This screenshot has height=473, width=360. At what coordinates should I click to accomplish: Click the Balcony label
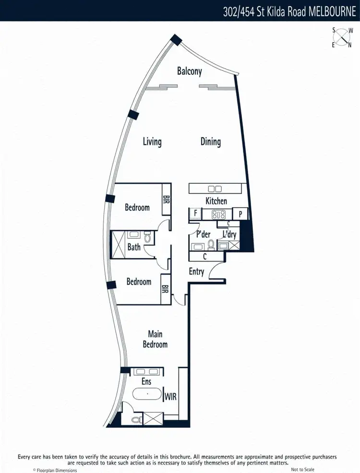(x=190, y=71)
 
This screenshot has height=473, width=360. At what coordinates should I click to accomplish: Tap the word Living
(x=152, y=142)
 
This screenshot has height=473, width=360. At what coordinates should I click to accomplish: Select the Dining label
(x=211, y=142)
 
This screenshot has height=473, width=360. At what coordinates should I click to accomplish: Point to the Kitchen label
(x=216, y=201)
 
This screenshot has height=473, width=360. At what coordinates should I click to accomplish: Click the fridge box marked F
(x=195, y=214)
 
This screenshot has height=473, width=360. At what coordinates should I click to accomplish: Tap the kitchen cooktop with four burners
(x=219, y=214)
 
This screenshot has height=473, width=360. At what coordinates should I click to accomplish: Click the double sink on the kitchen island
(x=215, y=189)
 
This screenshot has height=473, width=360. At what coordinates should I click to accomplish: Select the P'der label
(x=204, y=235)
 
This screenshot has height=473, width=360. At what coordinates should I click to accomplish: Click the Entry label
(x=197, y=272)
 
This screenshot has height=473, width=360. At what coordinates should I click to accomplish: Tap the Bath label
(x=134, y=247)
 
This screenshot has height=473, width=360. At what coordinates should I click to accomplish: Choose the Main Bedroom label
(x=155, y=339)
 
